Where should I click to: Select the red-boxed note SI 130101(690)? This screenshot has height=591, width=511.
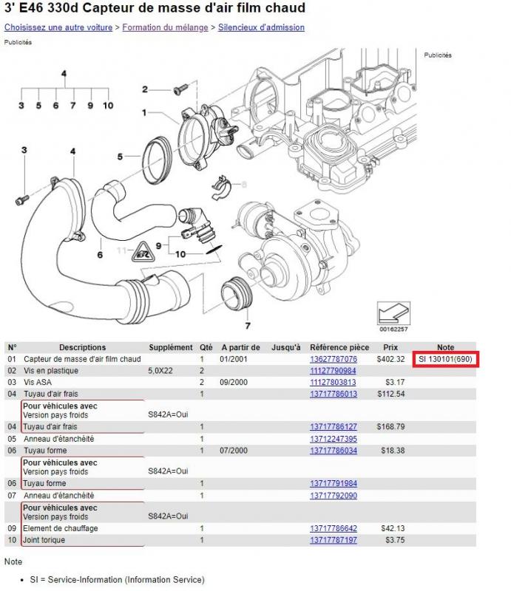[x=445, y=359]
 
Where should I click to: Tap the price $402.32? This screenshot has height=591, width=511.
[x=390, y=359]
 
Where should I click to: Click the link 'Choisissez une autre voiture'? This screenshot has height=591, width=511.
[x=58, y=27]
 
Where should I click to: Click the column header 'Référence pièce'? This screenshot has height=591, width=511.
[x=339, y=347]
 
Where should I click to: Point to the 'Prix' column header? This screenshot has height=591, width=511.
[x=391, y=347]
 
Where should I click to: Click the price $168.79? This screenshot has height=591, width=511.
[x=390, y=427]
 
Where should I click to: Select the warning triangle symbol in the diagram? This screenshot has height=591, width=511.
[x=143, y=255]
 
